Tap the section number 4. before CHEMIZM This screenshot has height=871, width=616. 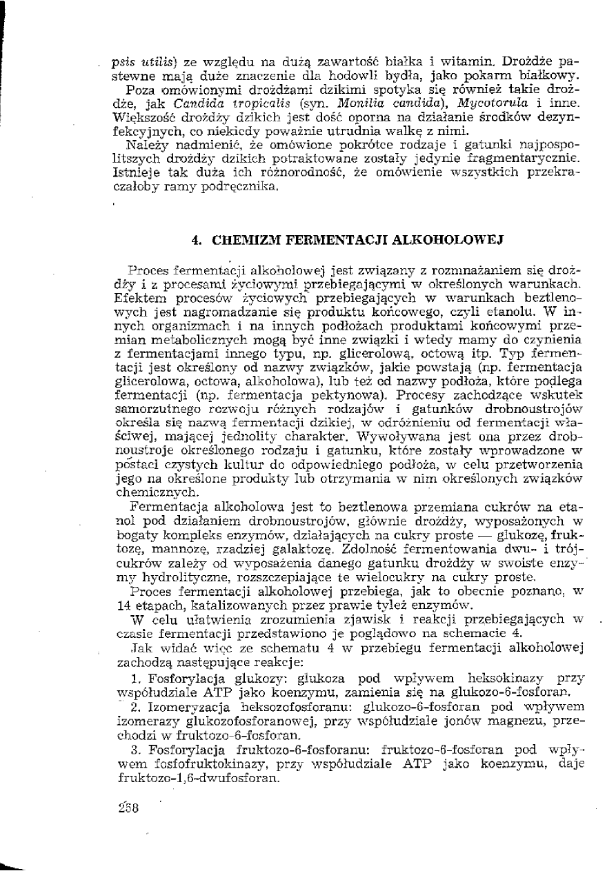click(196, 241)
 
